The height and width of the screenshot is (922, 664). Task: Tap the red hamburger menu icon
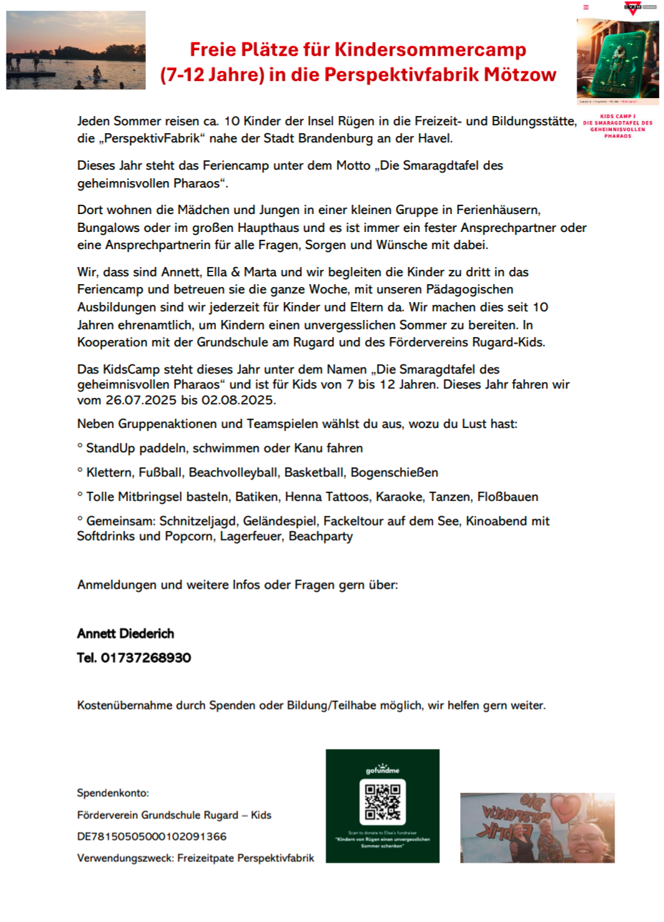tap(586, 7)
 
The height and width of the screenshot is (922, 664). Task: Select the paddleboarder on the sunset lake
tap(96, 74)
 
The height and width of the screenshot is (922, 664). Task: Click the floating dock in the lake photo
tap(32, 72)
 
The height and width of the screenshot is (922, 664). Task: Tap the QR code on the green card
tap(382, 802)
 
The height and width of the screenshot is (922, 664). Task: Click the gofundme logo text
tap(382, 770)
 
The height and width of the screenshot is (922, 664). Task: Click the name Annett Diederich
tap(125, 634)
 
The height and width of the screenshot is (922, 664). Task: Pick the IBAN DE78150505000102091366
tap(152, 836)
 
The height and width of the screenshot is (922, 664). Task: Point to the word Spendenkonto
tap(112, 793)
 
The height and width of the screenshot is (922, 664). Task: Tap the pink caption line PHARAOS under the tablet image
tap(617, 135)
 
